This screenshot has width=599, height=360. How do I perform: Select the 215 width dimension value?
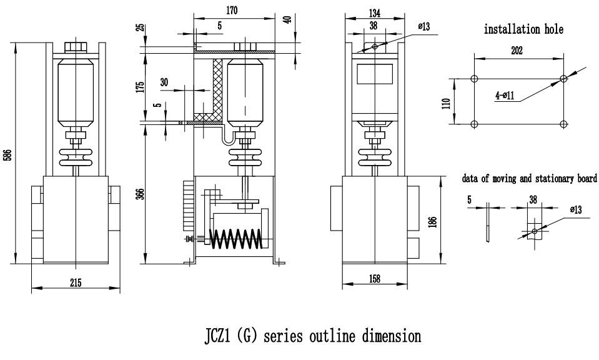pos(76,282)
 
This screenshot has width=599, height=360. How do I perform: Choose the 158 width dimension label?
pos(374,279)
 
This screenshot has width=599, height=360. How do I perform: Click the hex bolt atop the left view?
pos(75,46)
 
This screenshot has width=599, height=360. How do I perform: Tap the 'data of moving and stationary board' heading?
pos(529,179)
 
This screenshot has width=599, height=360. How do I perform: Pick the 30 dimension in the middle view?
pos(164,82)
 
